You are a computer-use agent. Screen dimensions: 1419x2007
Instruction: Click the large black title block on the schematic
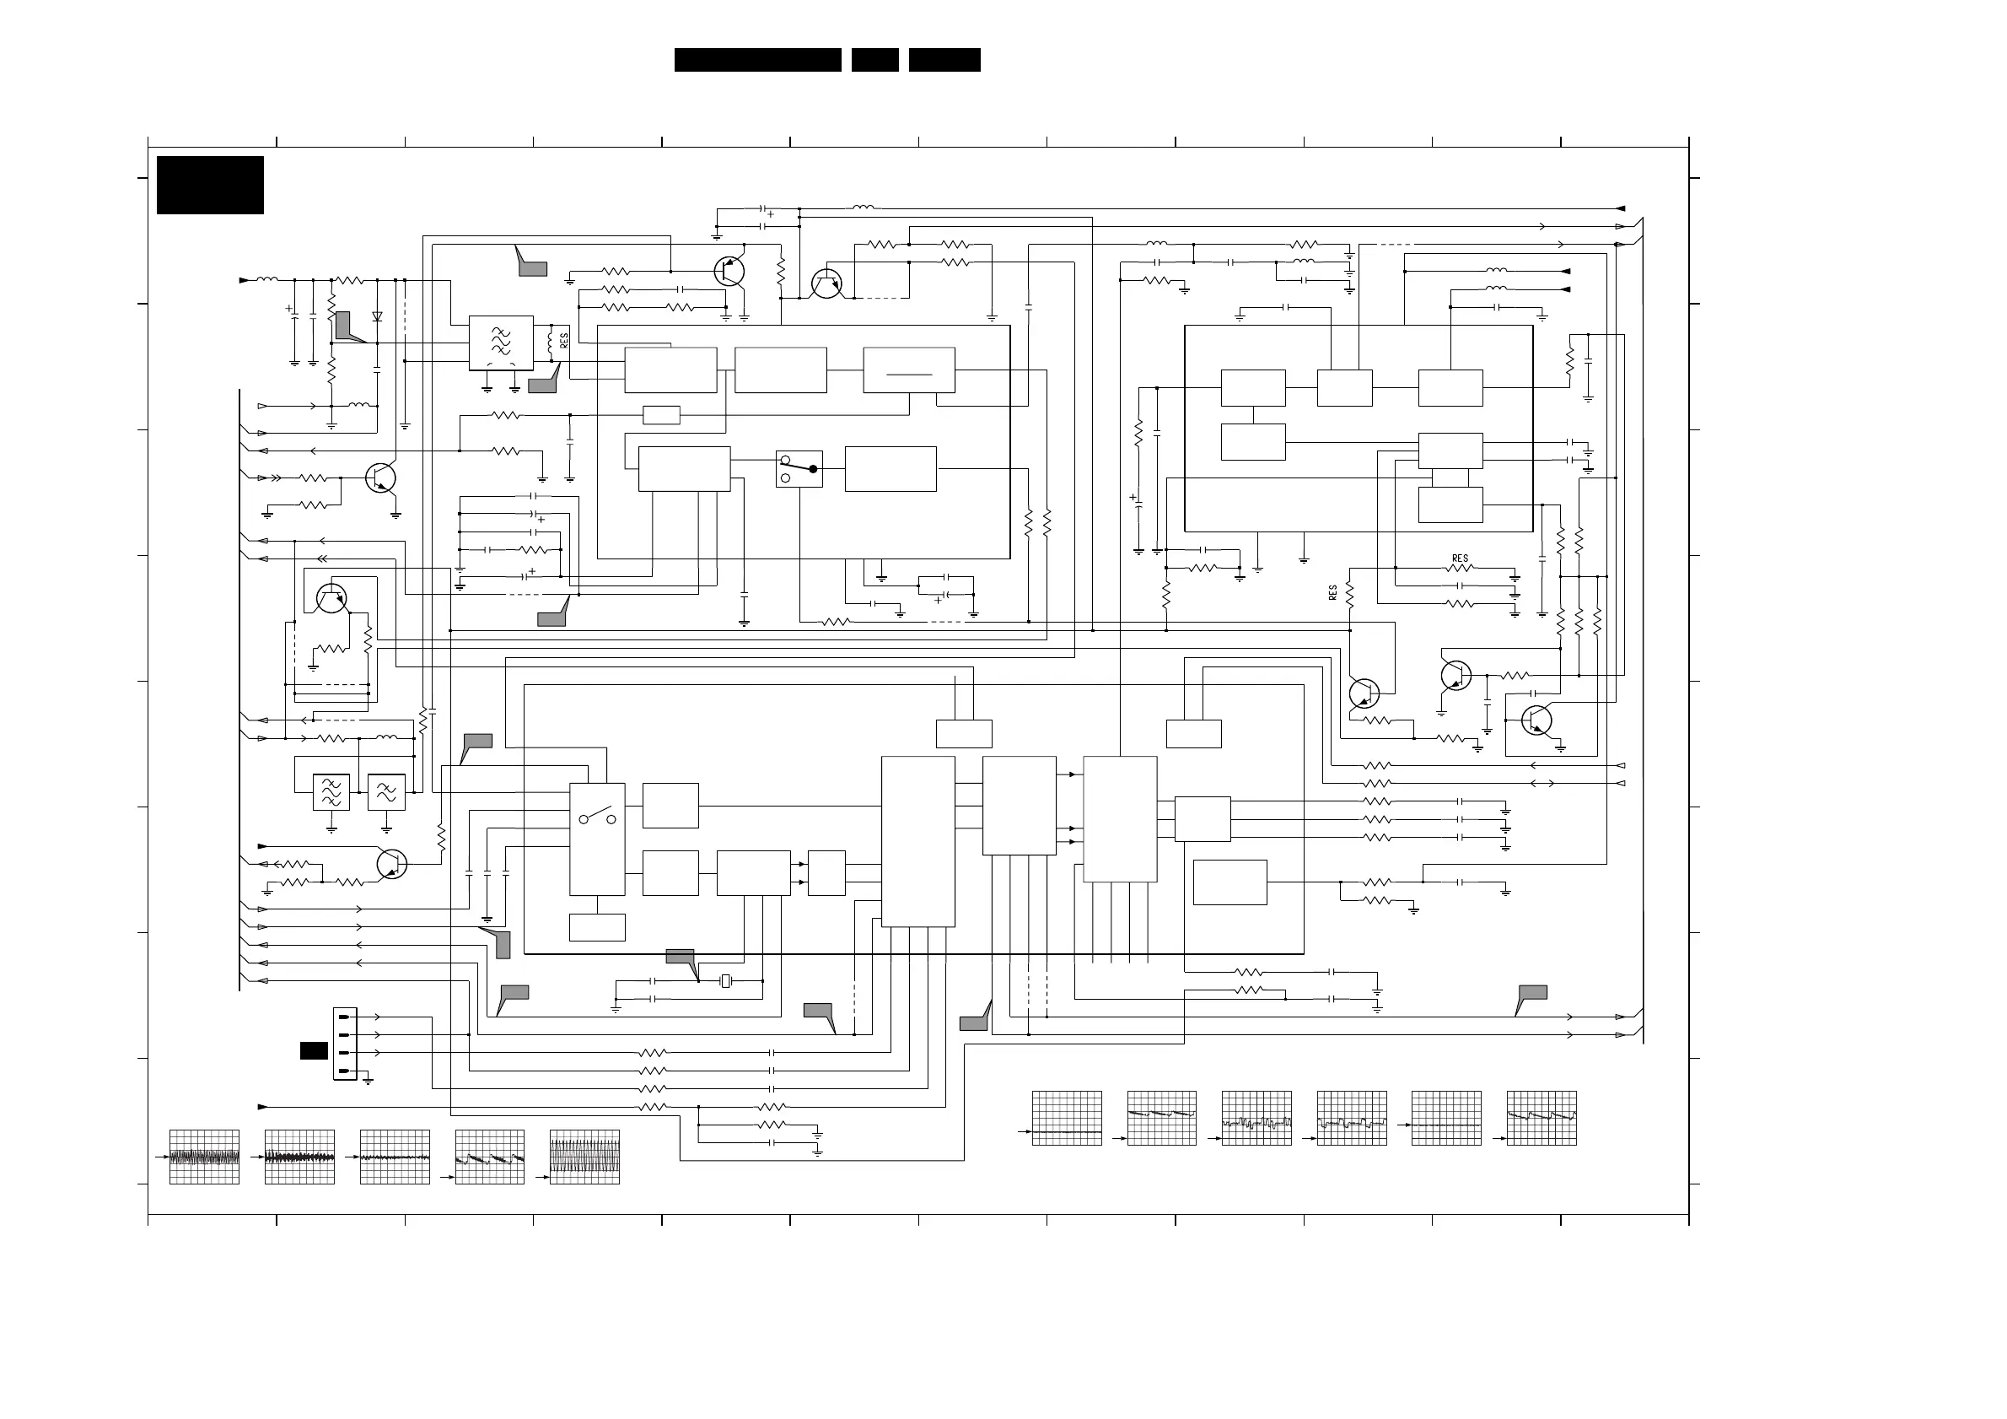click(x=210, y=185)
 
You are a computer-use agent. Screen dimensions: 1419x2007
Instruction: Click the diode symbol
click(x=377, y=316)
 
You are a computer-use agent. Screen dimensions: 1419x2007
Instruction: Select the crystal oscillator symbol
click(x=724, y=981)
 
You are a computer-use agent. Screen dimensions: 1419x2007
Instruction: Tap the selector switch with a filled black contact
click(x=799, y=468)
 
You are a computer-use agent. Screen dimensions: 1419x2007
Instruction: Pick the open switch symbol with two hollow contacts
click(x=597, y=818)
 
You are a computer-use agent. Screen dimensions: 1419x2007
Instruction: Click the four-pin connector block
click(x=344, y=1043)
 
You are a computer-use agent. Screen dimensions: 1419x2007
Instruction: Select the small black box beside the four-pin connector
click(x=314, y=1051)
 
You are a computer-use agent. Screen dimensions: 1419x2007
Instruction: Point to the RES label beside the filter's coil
click(x=565, y=340)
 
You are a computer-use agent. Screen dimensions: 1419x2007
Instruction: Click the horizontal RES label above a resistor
click(x=1460, y=558)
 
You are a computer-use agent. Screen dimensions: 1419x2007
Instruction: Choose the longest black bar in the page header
click(x=757, y=59)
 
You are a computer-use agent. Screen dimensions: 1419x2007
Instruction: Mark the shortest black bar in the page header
click(x=875, y=59)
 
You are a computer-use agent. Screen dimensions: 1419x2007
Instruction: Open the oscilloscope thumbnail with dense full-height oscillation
click(x=584, y=1157)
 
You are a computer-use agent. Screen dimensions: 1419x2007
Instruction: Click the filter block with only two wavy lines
click(x=385, y=792)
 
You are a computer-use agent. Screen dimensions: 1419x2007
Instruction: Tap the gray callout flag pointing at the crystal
click(x=680, y=957)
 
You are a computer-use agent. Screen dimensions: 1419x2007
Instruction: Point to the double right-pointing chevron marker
click(x=276, y=477)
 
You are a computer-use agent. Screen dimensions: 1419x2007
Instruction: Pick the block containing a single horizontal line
click(x=909, y=370)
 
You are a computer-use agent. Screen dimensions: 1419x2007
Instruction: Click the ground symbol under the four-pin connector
click(x=368, y=1081)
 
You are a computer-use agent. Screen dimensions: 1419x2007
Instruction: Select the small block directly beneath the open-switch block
click(x=597, y=927)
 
